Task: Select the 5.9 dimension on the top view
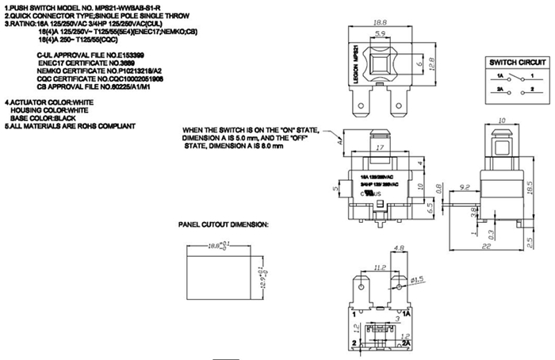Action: click(381, 35)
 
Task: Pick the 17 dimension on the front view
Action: click(381, 147)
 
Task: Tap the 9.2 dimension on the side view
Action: click(465, 186)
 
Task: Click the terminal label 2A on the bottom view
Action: click(405, 343)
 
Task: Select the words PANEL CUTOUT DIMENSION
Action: click(224, 225)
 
